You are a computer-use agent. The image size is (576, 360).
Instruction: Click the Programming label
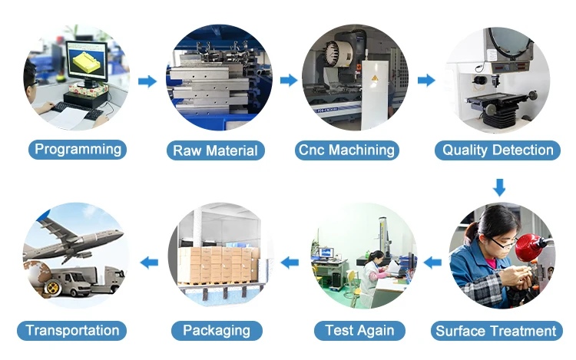(x=78, y=149)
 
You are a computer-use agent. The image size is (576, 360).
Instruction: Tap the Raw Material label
(x=215, y=150)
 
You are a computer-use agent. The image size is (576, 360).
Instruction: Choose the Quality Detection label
(x=498, y=150)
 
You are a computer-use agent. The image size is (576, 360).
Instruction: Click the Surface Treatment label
(x=495, y=332)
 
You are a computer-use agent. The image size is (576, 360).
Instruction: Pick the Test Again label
(x=359, y=331)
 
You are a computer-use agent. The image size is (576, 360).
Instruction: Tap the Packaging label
(x=217, y=331)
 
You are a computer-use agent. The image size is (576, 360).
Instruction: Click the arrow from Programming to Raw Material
(x=147, y=81)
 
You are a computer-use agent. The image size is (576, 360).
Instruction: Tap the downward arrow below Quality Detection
(x=499, y=187)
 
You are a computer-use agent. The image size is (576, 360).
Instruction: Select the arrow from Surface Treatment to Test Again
(x=433, y=263)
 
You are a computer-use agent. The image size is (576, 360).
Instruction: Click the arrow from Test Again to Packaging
(x=290, y=263)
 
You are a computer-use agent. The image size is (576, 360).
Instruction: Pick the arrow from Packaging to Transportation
(x=148, y=263)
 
